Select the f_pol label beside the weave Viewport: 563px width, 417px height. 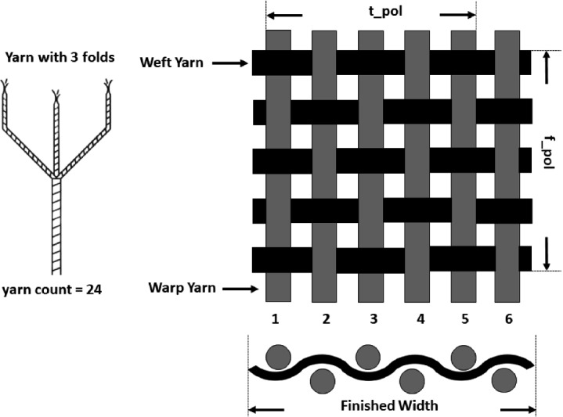(x=550, y=151)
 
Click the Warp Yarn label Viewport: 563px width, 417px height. (x=181, y=289)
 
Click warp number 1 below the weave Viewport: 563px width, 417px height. (x=276, y=319)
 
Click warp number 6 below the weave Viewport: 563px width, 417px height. (x=510, y=319)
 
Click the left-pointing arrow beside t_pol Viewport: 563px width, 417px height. (x=287, y=15)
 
